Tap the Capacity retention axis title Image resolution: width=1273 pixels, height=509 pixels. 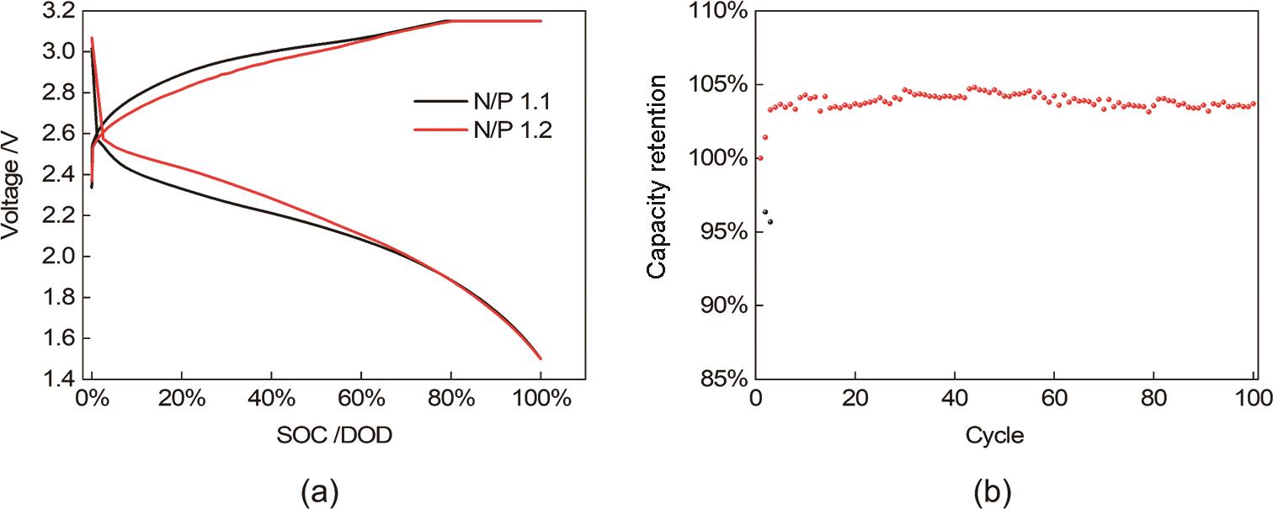pyautogui.click(x=658, y=176)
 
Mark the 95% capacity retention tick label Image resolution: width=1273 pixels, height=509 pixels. pyautogui.click(x=722, y=231)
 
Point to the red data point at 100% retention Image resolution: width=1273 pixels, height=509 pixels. pyautogui.click(x=760, y=158)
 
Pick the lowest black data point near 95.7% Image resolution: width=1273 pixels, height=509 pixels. pyautogui.click(x=770, y=222)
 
